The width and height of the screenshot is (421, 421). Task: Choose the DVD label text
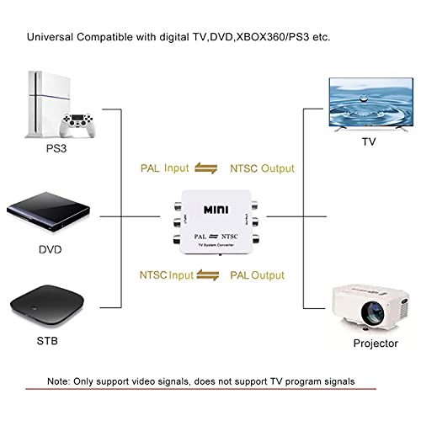click(x=49, y=251)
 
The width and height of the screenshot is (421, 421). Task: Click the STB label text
click(x=49, y=342)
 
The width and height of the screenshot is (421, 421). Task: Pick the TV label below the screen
click(x=368, y=142)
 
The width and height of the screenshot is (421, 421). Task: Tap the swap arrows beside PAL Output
click(x=213, y=275)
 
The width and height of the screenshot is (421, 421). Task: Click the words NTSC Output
click(x=262, y=168)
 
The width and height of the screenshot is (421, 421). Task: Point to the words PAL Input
click(x=165, y=168)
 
